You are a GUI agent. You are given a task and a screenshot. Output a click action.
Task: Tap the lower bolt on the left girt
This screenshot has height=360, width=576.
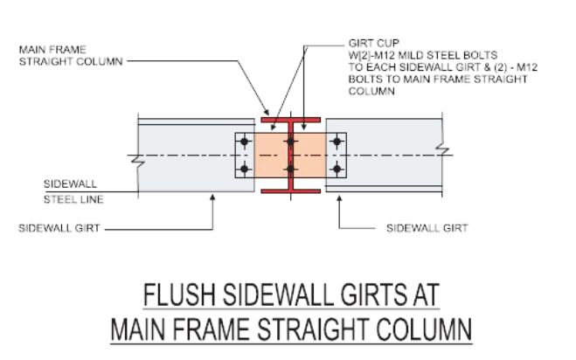244,169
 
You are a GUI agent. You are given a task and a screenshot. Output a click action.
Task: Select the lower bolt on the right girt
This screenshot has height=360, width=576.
337,169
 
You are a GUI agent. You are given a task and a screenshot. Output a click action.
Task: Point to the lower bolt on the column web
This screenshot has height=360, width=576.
290,169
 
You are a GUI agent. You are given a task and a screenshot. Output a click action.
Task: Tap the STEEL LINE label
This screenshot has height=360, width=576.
74,200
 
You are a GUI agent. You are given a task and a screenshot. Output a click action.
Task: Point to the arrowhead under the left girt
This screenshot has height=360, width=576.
213,197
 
